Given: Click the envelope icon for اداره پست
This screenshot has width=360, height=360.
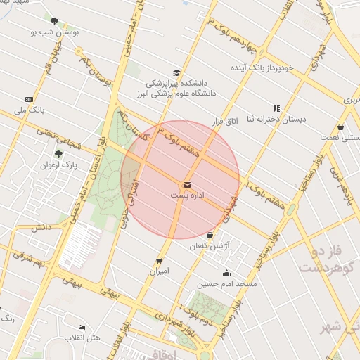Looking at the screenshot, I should pyautogui.click(x=186, y=184).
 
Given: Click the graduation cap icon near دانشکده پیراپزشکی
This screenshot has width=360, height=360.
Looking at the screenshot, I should pyautogui.click(x=175, y=72).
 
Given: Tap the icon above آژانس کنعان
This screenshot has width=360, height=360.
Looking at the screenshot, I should pyautogui.click(x=211, y=235).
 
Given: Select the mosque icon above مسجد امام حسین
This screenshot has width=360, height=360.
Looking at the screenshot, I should pyautogui.click(x=226, y=274).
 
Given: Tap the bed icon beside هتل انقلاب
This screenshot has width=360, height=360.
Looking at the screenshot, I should pyautogui.click(x=82, y=328).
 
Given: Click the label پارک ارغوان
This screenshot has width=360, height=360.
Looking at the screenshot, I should pyautogui.click(x=58, y=165).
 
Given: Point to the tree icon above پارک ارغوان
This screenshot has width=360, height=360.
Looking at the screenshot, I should pyautogui.click(x=58, y=154).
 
